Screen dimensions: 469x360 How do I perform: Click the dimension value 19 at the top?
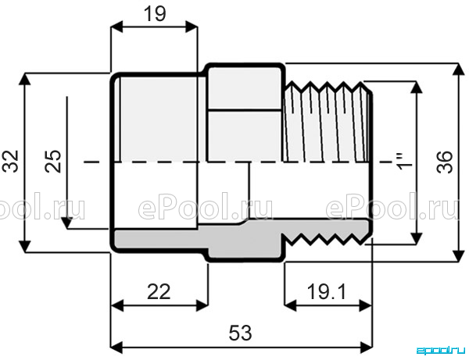155,14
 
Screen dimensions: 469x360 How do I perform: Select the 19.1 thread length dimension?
327,291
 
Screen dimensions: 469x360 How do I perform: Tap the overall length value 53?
240,333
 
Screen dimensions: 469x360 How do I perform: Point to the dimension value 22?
159,292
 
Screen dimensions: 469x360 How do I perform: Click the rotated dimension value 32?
12,162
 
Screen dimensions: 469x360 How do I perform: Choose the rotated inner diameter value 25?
53,161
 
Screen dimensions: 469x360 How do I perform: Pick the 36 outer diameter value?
445,162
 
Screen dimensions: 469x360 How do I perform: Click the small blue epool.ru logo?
441,350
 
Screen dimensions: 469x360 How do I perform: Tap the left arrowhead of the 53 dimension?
116,348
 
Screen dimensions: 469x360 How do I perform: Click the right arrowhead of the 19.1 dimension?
366,306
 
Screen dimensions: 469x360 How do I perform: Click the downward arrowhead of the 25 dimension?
67,223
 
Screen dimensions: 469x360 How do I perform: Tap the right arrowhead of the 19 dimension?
192,27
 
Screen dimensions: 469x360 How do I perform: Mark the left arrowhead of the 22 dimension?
117,306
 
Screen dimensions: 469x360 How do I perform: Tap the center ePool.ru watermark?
206,206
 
